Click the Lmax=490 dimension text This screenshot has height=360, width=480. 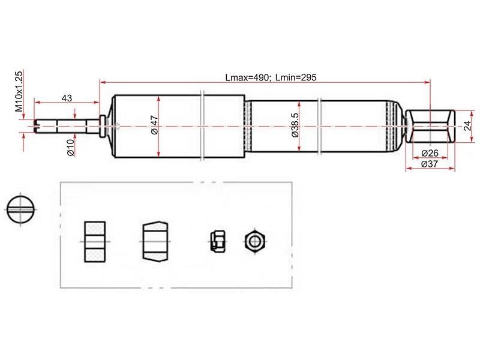point(248,77)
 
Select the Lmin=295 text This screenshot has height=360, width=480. point(296,77)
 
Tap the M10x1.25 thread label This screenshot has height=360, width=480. point(19,91)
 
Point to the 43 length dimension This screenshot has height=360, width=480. point(67,98)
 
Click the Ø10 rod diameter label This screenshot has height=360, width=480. point(71,147)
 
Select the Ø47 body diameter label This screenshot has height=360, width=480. point(154,125)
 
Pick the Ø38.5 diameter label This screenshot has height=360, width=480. point(295,125)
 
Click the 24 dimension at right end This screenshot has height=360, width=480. point(467,126)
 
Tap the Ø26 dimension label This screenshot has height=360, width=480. point(430,153)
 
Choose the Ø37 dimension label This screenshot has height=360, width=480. point(430,164)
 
